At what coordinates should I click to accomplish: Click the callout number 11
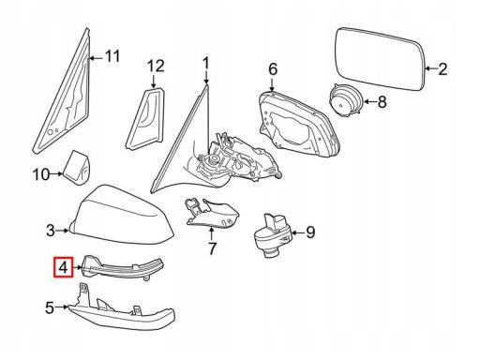coord(112,56)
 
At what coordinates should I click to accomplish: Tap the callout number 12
coord(156,67)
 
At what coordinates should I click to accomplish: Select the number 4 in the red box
coord(63,267)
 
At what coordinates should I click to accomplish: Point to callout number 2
coord(442,69)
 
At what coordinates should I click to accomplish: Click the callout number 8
coord(382,102)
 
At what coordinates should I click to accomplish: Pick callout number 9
coord(310,232)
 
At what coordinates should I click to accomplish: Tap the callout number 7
coord(212,248)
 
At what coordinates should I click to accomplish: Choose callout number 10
coord(41,174)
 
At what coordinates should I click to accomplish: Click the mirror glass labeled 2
coord(380,58)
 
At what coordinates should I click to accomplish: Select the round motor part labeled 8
coord(346,100)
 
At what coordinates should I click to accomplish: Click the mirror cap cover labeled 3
coord(124,215)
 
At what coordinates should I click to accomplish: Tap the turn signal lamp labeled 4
coord(122,266)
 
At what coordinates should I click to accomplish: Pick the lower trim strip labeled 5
coord(122,309)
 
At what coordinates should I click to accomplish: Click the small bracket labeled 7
coord(212,213)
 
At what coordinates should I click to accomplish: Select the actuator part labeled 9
coord(271,236)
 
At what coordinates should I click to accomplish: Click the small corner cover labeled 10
coord(77,168)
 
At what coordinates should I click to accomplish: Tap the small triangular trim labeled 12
coord(146,119)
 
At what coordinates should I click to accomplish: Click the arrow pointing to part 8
coord(370,102)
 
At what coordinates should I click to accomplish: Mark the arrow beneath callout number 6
coord(272,83)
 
